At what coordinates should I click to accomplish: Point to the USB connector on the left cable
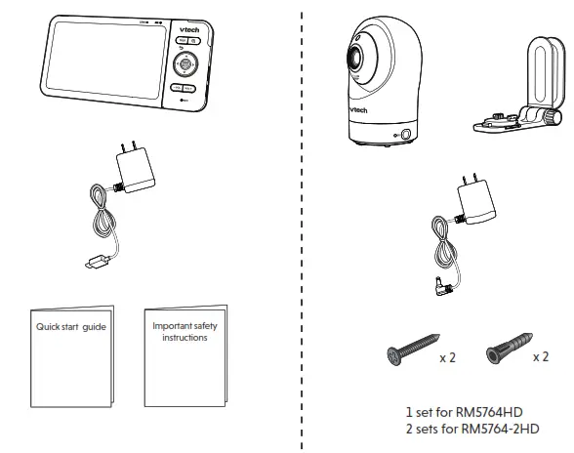point(94,261)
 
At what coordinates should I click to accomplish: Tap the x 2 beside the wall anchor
point(540,358)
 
